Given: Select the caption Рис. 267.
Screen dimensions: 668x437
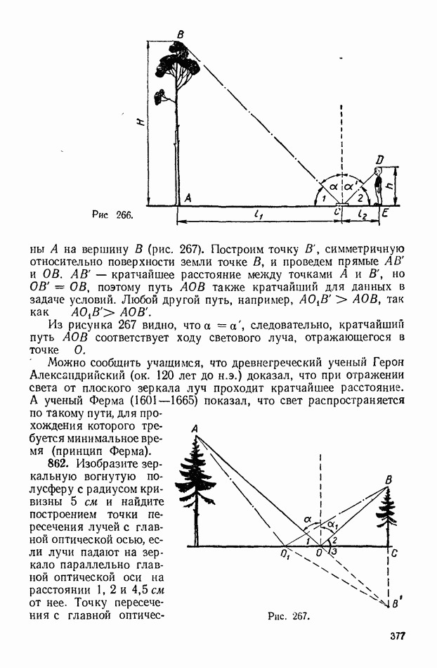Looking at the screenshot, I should (288, 616).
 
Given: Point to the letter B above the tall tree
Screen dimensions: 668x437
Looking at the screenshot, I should (181, 34).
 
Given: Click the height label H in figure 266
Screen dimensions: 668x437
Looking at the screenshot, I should (141, 122).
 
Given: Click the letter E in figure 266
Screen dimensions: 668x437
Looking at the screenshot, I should (384, 213).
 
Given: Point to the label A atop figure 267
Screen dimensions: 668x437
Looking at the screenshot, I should (193, 429).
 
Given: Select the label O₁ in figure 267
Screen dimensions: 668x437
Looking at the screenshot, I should (285, 555).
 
